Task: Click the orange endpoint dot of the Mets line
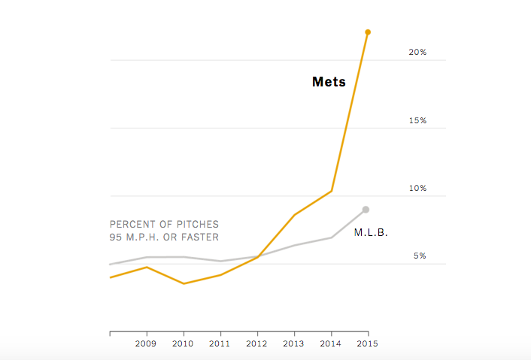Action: click(368, 32)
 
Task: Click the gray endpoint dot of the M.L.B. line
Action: click(366, 210)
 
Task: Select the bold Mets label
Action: click(329, 82)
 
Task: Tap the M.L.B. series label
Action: click(371, 233)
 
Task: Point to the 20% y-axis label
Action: click(417, 53)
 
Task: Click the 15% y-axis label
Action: click(417, 120)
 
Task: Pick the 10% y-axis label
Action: click(417, 189)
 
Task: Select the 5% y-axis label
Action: click(420, 256)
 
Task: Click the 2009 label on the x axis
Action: click(146, 343)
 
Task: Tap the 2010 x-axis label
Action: click(184, 343)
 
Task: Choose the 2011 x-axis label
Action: click(220, 343)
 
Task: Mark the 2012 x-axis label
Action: click(257, 343)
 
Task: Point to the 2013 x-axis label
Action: click(294, 343)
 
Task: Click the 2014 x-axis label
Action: click(331, 343)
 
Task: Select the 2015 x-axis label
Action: click(368, 343)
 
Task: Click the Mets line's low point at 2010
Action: click(184, 283)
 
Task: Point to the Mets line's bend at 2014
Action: click(331, 191)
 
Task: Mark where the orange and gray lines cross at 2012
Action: click(257, 257)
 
